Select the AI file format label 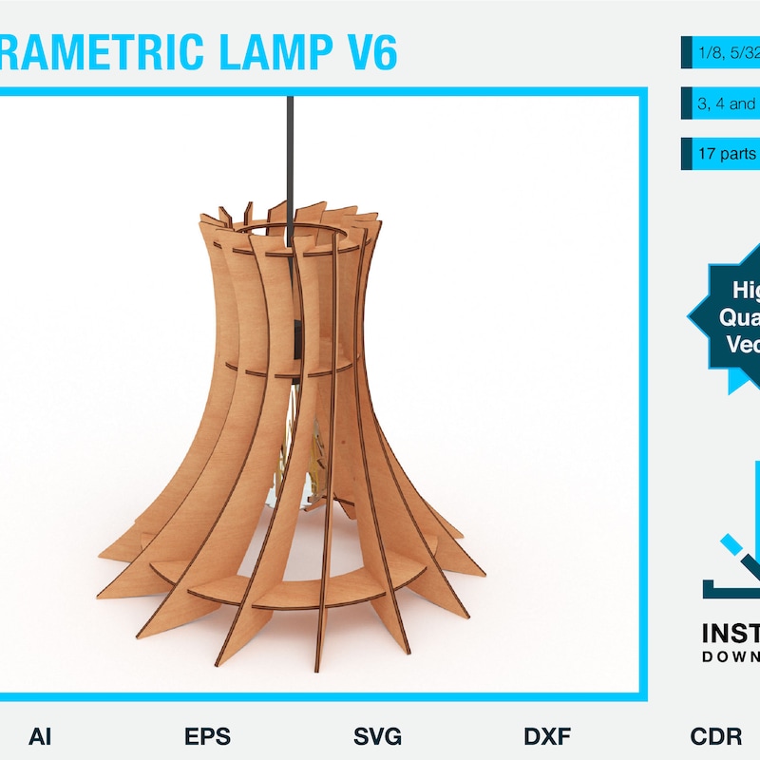(x=41, y=736)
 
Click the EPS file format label (x=207, y=736)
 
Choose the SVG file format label (x=377, y=736)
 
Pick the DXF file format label (x=547, y=736)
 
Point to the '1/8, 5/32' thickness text (x=728, y=52)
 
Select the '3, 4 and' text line (x=728, y=104)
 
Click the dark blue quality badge (x=731, y=318)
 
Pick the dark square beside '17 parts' (x=686, y=154)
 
